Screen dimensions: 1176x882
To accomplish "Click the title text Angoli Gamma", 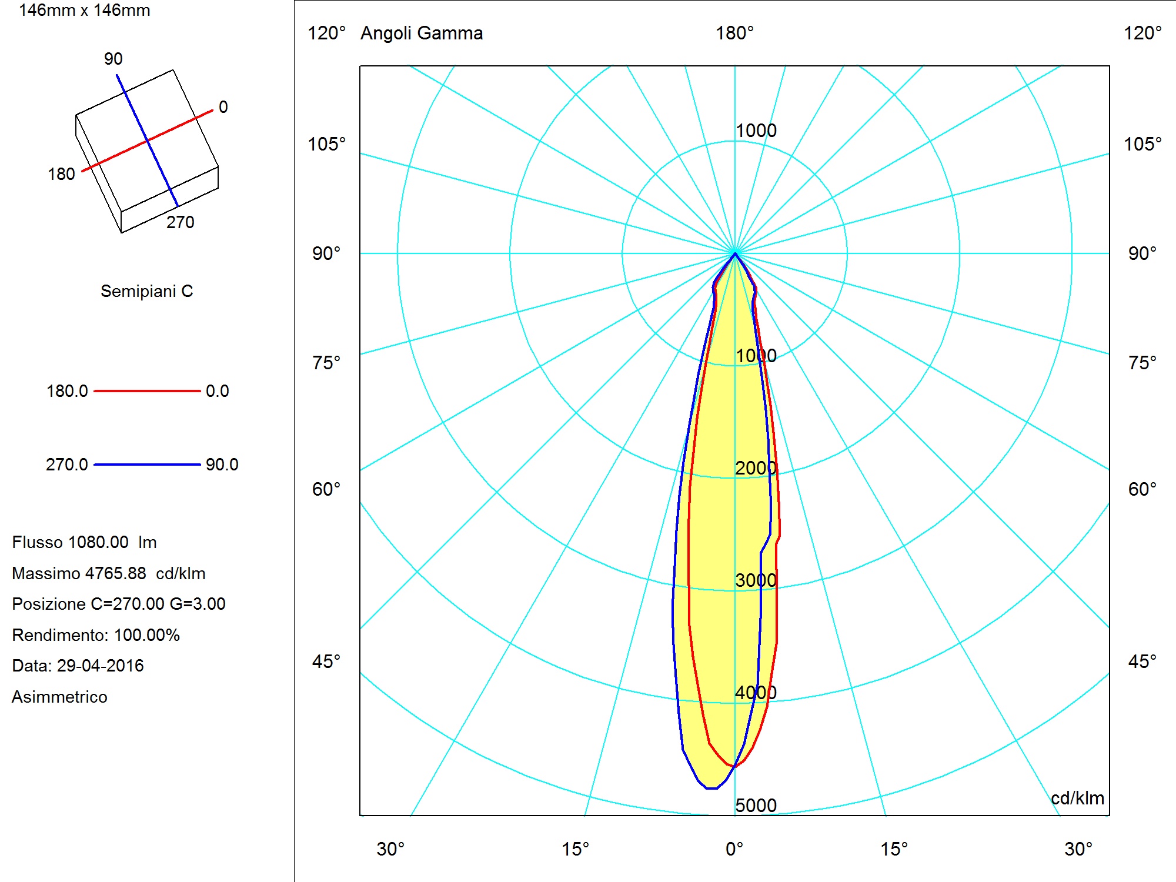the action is click(422, 34).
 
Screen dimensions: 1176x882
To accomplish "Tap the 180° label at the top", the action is click(734, 33).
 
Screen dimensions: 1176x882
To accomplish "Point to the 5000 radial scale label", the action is click(756, 806).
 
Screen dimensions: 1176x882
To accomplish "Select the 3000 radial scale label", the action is click(756, 580).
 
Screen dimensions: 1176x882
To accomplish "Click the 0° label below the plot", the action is click(734, 849).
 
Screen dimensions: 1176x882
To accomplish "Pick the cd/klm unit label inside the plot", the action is click(1077, 798).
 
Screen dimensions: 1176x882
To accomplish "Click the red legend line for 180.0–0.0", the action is click(147, 391).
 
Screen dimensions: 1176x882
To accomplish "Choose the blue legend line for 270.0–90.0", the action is click(147, 465).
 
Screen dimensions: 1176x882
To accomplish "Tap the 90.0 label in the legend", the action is click(222, 465).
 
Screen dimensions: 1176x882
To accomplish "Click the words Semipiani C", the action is click(146, 291).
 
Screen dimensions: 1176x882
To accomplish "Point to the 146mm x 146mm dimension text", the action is click(85, 11).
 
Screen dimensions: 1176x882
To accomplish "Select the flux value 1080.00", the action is click(99, 542).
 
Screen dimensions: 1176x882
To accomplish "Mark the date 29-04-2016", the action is click(101, 666).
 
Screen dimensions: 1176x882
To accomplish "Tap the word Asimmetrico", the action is click(59, 697).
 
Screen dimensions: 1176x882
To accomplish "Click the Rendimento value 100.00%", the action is click(147, 635).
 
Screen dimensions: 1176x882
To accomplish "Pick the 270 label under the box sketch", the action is click(180, 222).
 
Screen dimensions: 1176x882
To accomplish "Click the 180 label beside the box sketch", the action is click(61, 174).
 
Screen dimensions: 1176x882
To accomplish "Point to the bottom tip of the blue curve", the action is click(711, 788).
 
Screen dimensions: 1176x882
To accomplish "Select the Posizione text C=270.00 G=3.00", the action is click(158, 604).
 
